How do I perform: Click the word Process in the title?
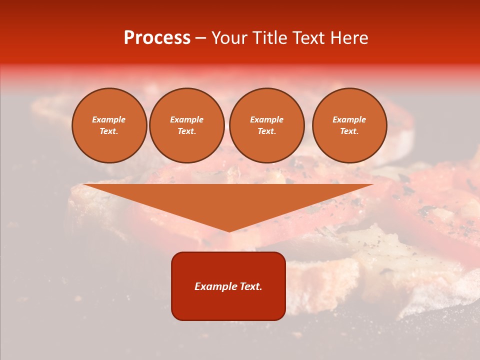[157, 38]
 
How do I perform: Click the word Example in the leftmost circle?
[109, 119]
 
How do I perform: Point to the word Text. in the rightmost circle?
[349, 131]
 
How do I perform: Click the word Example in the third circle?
[266, 119]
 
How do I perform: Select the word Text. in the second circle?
[186, 131]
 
